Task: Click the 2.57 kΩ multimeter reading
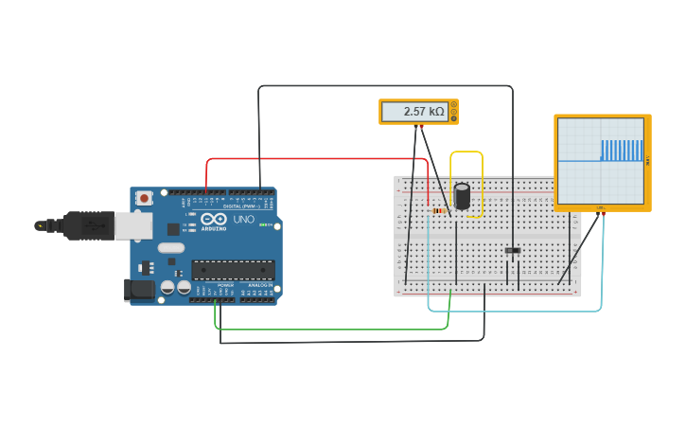pos(423,112)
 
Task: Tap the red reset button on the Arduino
pos(144,198)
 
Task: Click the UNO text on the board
pos(244,220)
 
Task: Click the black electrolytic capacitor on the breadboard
pos(462,196)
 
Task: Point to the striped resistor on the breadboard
pos(439,210)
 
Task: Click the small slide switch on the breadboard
pos(513,251)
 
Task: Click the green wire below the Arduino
pos(331,330)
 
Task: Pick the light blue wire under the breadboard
pos(516,311)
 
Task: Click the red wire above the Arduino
pos(312,159)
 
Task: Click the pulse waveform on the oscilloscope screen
pos(622,150)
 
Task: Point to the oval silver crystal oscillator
pos(170,248)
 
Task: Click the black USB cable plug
pos(91,225)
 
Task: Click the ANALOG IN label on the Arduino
pos(259,285)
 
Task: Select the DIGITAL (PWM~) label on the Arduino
pos(237,206)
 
